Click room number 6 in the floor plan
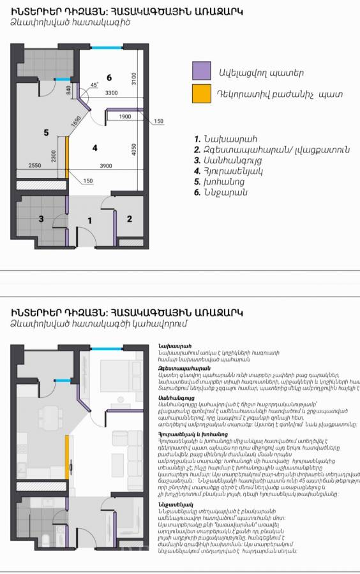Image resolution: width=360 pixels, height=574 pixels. pyautogui.click(x=109, y=78)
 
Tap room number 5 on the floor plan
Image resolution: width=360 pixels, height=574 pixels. pyautogui.click(x=46, y=132)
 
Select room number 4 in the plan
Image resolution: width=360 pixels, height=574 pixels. pyautogui.click(x=95, y=148)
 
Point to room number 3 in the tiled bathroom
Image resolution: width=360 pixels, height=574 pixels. pyautogui.click(x=41, y=219)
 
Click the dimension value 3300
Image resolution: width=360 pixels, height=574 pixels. pyautogui.click(x=111, y=93)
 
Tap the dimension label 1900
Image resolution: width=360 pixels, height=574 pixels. pyautogui.click(x=125, y=116)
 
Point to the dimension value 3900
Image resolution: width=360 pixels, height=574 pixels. pyautogui.click(x=105, y=166)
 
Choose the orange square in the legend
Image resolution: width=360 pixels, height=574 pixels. pyautogui.click(x=202, y=94)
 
